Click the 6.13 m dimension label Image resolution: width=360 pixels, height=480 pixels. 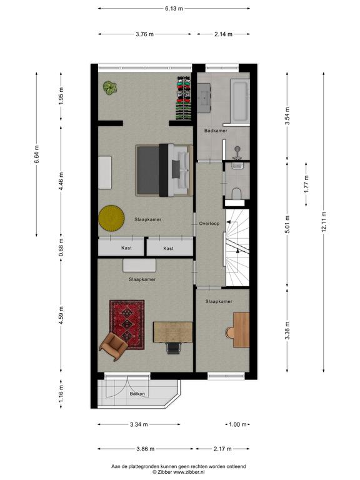(174, 9)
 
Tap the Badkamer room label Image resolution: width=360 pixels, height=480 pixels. (216, 131)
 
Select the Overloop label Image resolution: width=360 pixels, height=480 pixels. (209, 224)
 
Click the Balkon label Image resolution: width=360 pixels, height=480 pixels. (137, 394)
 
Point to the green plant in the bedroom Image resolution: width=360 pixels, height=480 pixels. (110, 88)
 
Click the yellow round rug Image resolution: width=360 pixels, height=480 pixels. (111, 218)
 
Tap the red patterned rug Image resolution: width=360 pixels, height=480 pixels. (127, 324)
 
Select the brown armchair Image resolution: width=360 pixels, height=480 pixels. (113, 346)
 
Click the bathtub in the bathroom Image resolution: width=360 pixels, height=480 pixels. (240, 101)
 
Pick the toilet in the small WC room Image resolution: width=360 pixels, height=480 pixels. (236, 194)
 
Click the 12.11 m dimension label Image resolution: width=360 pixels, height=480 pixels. (324, 222)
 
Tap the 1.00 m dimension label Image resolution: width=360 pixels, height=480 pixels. (237, 424)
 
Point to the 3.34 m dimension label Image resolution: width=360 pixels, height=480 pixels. (139, 424)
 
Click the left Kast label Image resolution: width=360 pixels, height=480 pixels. (126, 248)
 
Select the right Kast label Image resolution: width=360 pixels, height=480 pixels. (168, 248)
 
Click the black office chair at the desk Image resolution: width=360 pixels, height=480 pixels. (174, 347)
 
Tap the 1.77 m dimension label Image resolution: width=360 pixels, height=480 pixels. (306, 184)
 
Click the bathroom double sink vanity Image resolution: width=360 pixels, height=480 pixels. (204, 97)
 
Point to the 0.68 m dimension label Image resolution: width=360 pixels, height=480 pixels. (61, 247)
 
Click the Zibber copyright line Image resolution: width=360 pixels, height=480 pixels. (179, 472)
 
